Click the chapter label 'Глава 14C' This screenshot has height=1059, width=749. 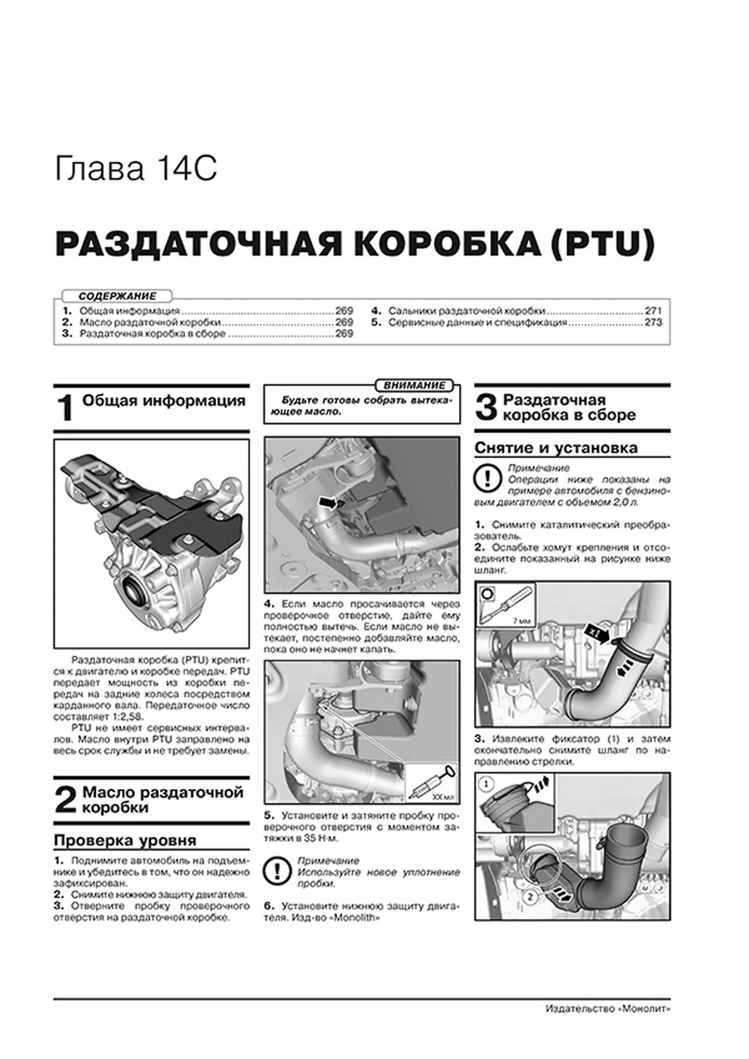136,169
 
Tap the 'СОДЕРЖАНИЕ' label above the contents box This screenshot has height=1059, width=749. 118,296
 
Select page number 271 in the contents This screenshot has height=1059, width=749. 653,310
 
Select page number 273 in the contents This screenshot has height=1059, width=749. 653,322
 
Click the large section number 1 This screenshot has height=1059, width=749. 66,408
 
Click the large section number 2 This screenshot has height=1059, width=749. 65,800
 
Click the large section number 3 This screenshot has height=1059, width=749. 486,408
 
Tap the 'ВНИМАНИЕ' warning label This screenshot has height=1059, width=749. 414,385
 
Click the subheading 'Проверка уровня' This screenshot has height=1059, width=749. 125,840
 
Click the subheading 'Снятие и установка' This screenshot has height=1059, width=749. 555,448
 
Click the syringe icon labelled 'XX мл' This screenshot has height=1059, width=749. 429,783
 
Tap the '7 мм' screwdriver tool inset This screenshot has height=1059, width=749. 505,604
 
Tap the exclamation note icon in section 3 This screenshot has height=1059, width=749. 487,479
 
